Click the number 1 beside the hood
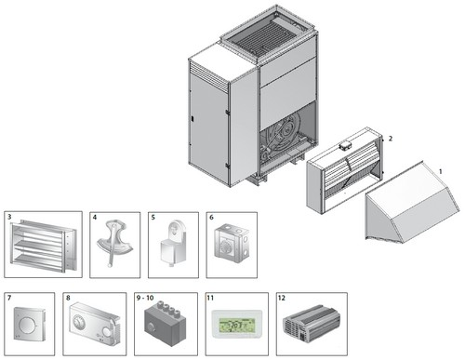coord(440,171)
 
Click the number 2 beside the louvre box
coord(391,139)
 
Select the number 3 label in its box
coord(9,217)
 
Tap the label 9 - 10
coord(145,298)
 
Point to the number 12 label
coord(282,298)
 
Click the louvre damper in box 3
coord(43,245)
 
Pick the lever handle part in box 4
coord(114,243)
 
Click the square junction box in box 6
coord(232,243)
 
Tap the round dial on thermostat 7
coord(27,325)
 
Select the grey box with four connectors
coord(166,324)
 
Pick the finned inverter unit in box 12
coord(312,324)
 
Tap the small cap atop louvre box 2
coord(344,145)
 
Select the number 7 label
coord(9,298)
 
